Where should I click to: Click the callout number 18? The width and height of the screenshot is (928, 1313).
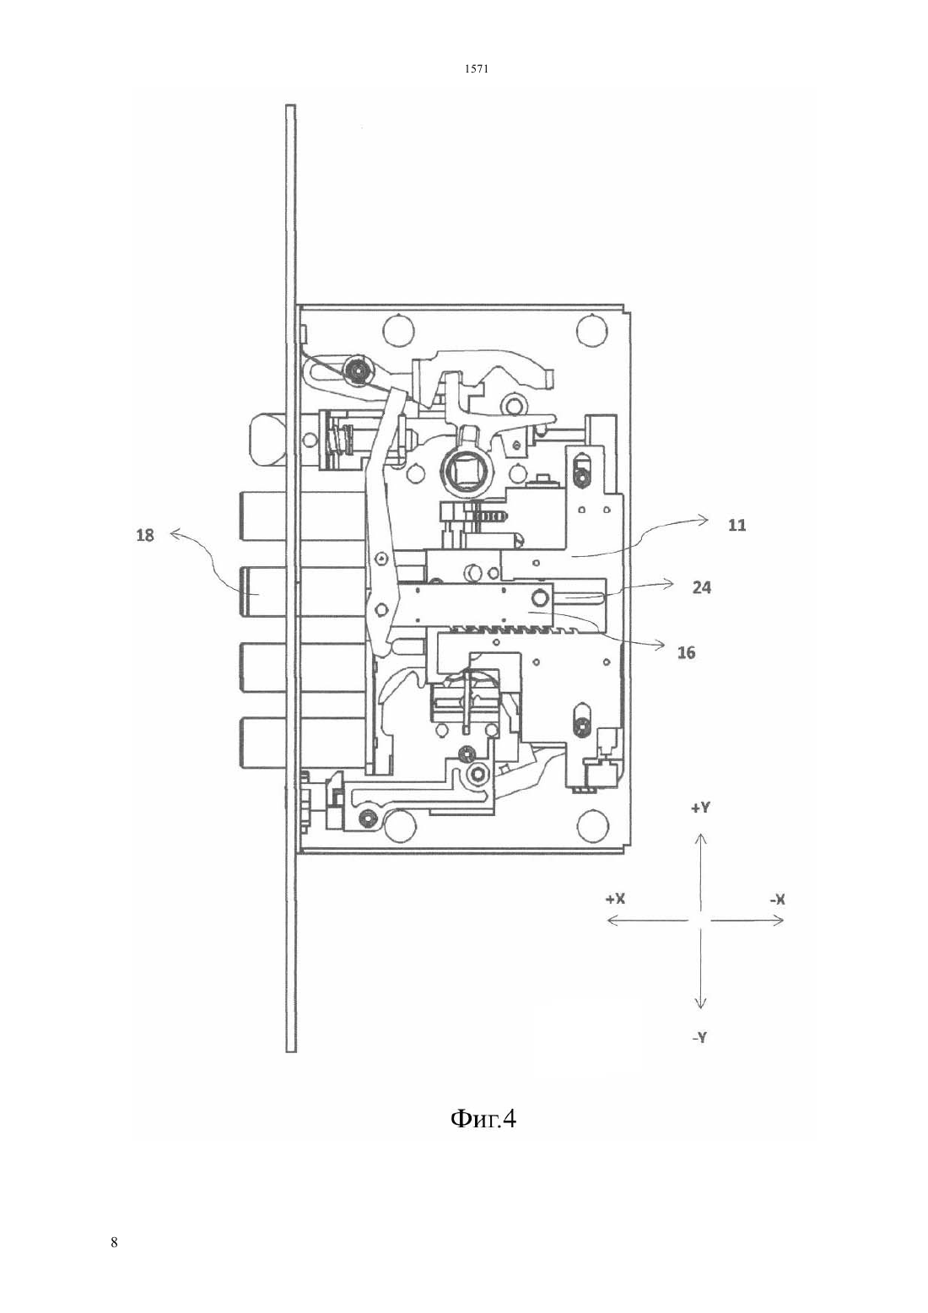point(145,535)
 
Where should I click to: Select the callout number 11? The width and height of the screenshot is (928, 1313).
point(737,525)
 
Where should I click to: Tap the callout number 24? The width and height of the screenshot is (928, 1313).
point(701,587)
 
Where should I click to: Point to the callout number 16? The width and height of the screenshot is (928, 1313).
point(686,652)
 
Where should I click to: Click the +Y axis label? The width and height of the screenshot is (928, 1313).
point(700,808)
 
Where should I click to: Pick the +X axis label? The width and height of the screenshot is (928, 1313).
point(615,899)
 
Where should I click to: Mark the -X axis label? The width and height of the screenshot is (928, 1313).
point(778,900)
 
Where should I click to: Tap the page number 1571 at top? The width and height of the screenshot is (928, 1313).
point(477,69)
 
